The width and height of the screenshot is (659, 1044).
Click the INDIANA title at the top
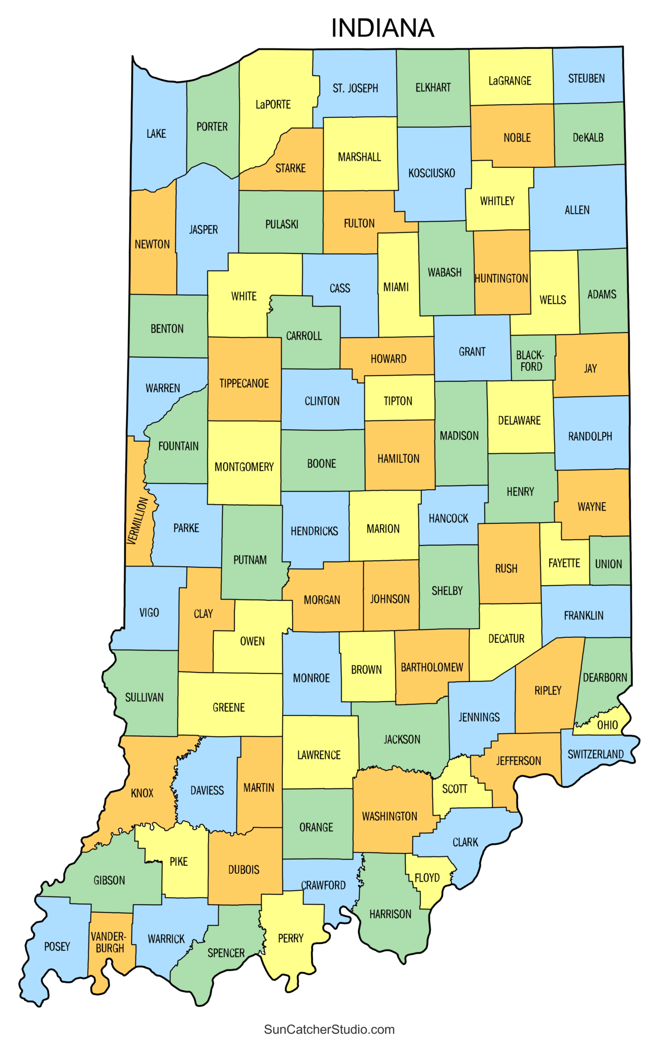382,28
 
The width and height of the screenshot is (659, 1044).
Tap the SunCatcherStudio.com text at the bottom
329,1029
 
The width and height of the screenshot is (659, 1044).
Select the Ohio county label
607,725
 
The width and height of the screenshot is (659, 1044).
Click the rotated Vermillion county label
138,521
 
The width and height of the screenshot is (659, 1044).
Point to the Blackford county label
530,361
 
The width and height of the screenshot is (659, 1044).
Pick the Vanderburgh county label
110,942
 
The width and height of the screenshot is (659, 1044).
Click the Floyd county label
427,878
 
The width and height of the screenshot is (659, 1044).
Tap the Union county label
608,564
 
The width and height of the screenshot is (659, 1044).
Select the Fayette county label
564,563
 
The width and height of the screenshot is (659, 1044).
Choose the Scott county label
454,789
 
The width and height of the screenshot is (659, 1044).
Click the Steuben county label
586,78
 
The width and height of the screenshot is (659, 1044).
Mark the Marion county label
383,529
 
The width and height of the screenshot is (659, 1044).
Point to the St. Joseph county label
355,88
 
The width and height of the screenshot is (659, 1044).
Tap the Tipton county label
398,401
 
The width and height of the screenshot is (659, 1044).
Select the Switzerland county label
595,754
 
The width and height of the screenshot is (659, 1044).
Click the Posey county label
57,947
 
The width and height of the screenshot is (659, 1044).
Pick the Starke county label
291,168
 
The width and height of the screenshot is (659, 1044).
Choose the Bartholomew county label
432,667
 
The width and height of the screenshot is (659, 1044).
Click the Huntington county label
501,278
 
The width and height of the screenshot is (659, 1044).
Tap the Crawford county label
323,885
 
